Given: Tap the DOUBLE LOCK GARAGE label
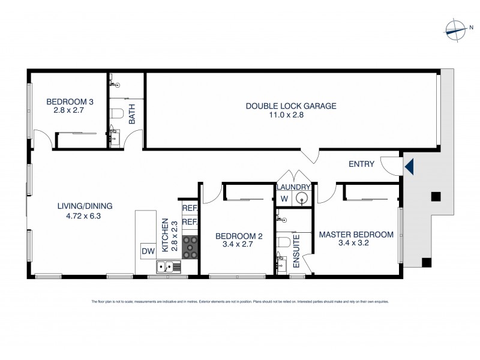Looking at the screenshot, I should coord(291,106).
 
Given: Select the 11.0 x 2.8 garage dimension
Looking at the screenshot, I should coord(291,115).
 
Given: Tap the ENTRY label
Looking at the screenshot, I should coord(361,164).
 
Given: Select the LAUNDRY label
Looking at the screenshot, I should coord(293,187).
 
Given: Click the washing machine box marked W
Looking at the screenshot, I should coord(284,199).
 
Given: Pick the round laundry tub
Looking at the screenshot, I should coord(303,198).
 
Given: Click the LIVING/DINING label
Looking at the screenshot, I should coord(85,206).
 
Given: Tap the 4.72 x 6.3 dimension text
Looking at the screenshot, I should coord(85,216).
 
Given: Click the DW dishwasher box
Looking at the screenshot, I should coord(147,250).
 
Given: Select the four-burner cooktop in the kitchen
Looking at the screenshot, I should coord(190,247).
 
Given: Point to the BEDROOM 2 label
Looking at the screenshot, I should coord(236,236).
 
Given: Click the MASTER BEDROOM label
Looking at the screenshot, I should coord(356,235).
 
